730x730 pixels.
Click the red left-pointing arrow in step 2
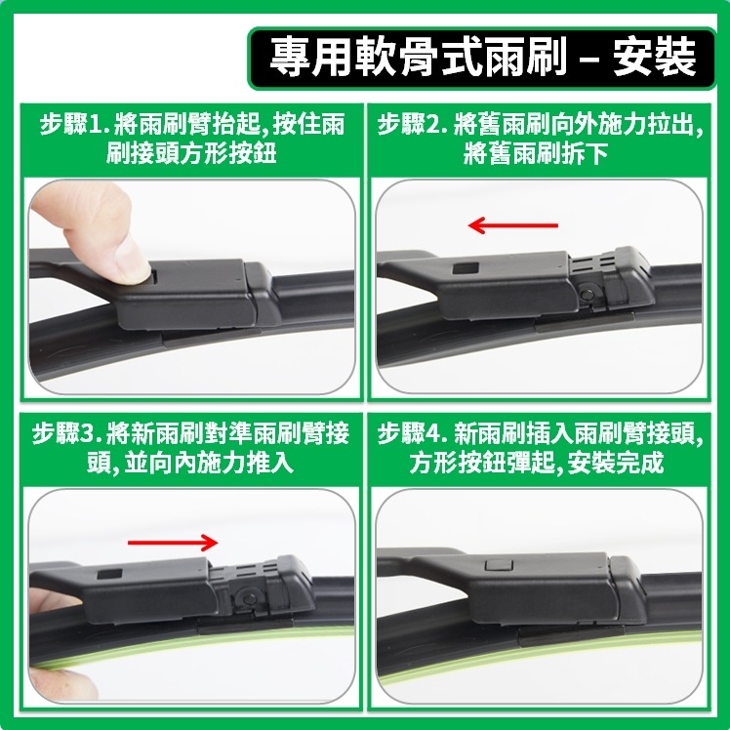(x=512, y=226)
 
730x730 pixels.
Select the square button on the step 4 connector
(x=496, y=567)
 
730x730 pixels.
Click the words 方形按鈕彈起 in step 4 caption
(x=481, y=463)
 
